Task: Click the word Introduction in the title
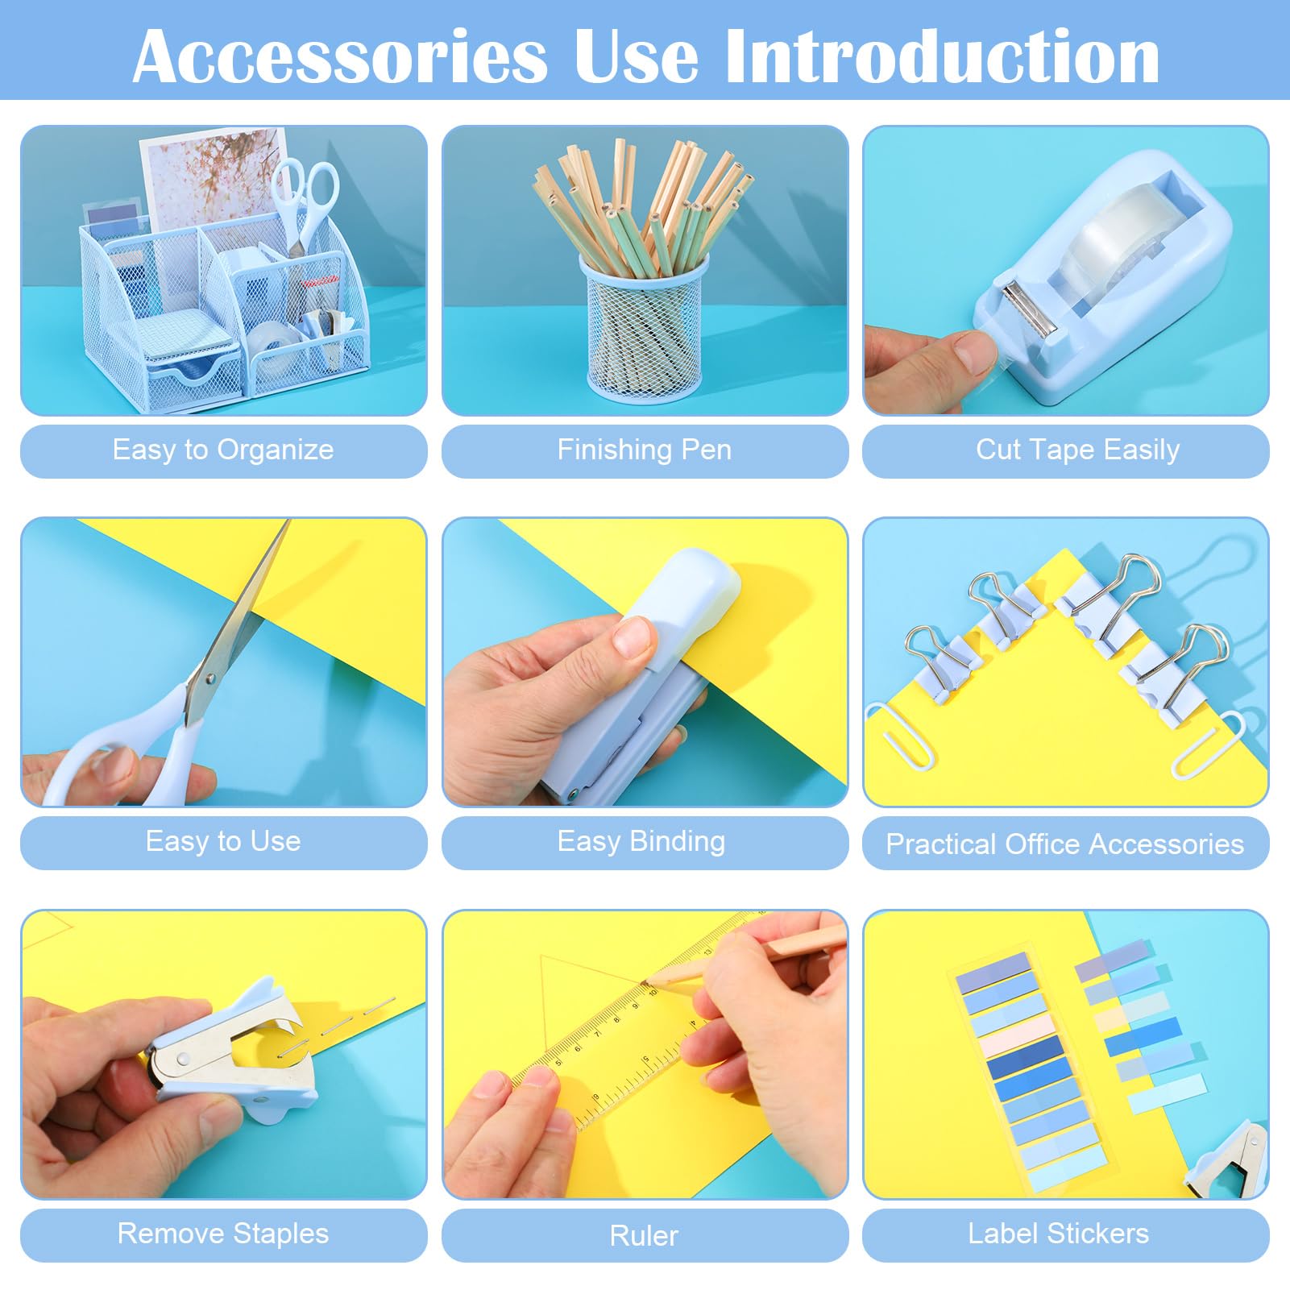pos(942,56)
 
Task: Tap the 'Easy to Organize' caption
pos(223,450)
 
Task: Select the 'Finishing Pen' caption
pos(645,450)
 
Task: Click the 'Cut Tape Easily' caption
pos(1077,450)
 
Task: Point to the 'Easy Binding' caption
pos(641,841)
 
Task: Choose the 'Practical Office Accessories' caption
pos(1064,844)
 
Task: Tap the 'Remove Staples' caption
pos(223,1234)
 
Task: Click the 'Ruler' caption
pos(644,1235)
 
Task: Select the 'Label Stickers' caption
pos(1058,1234)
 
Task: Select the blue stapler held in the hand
pos(637,677)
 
